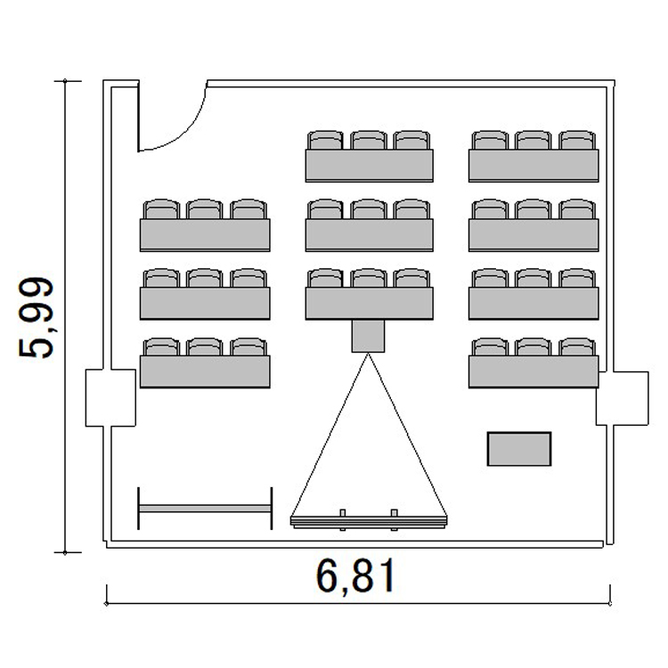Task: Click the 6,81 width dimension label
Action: pyautogui.click(x=355, y=576)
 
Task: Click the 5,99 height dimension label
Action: pyautogui.click(x=36, y=317)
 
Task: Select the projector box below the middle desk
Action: pyautogui.click(x=368, y=336)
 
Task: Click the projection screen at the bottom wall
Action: pyautogui.click(x=369, y=521)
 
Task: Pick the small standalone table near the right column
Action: pyautogui.click(x=519, y=449)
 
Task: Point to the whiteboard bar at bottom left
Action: pyautogui.click(x=205, y=509)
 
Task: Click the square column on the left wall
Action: pyautogui.click(x=110, y=397)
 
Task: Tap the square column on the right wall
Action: pyautogui.click(x=622, y=398)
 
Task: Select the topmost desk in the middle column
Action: pyautogui.click(x=370, y=166)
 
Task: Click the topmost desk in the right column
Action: pyautogui.click(x=534, y=166)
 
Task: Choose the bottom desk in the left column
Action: pyautogui.click(x=205, y=371)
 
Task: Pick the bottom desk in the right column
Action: pyautogui.click(x=534, y=371)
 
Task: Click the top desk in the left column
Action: pyautogui.click(x=205, y=235)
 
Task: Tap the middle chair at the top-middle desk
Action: pyautogui.click(x=369, y=140)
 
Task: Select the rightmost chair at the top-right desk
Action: pyautogui.click(x=577, y=140)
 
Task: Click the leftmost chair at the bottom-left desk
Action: pyautogui.click(x=161, y=346)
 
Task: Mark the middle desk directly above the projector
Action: pyautogui.click(x=370, y=304)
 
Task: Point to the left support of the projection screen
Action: pyautogui.click(x=343, y=520)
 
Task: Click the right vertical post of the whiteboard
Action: pyautogui.click(x=272, y=509)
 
